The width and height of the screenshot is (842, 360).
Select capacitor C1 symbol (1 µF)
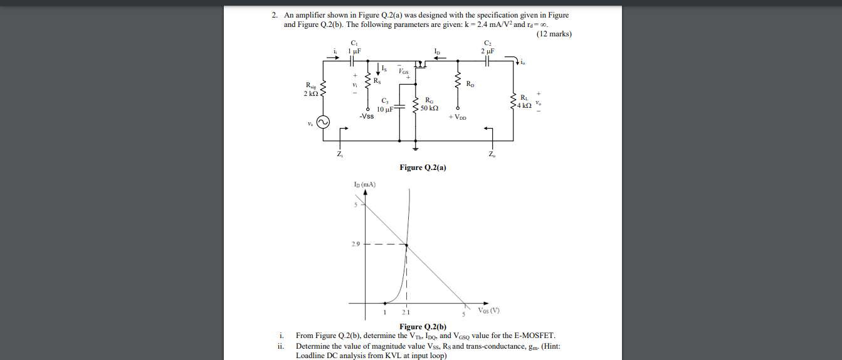click(352, 61)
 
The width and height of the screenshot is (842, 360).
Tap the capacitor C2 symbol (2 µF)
click(488, 61)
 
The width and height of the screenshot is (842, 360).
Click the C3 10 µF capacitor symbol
click(401, 107)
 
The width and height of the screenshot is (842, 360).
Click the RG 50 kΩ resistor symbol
click(415, 103)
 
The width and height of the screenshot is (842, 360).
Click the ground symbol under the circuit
click(415, 149)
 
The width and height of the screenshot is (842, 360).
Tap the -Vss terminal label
click(367, 116)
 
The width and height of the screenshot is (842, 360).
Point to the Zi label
click(339, 154)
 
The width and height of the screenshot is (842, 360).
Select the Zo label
click(492, 154)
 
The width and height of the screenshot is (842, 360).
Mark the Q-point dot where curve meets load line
click(407, 245)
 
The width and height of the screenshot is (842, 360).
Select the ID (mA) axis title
click(364, 184)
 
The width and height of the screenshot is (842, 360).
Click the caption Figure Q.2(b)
click(423, 326)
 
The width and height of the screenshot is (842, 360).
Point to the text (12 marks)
click(554, 34)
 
